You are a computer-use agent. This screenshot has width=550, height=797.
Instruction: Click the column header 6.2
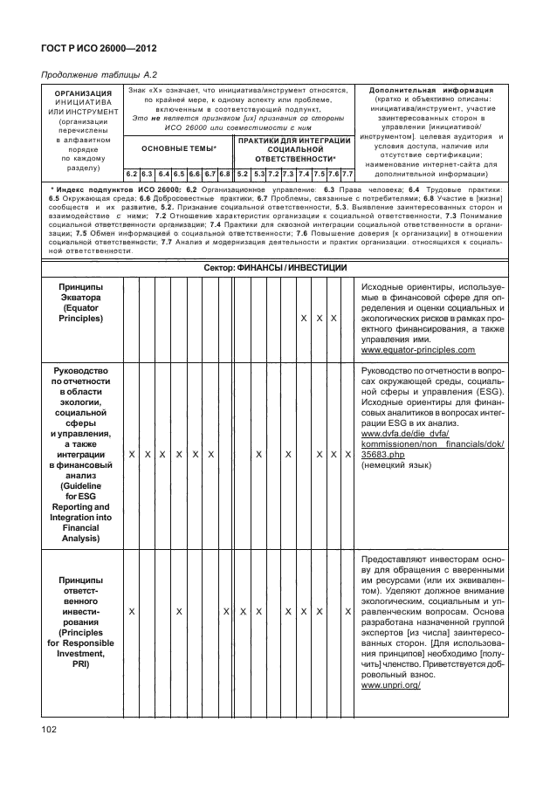[x=131, y=175]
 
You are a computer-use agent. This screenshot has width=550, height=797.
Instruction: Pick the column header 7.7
[x=347, y=175]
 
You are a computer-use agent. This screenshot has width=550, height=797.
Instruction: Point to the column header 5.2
[x=243, y=175]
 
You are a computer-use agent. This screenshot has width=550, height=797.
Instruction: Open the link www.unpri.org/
[x=390, y=685]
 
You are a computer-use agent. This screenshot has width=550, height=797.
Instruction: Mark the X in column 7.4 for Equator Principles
[x=303, y=319]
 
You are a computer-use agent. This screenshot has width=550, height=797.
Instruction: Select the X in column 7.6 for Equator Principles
[x=333, y=319]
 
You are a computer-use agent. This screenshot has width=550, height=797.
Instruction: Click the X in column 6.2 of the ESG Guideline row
[x=131, y=455]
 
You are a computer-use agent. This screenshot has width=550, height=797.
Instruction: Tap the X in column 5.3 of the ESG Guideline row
[x=258, y=455]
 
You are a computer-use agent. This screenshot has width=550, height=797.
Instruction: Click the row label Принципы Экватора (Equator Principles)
[x=79, y=302]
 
